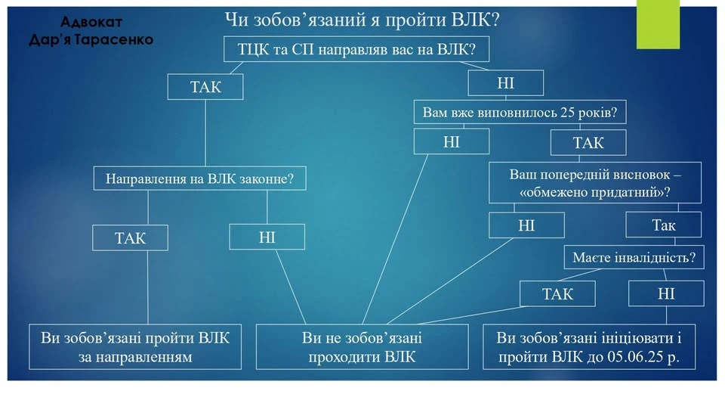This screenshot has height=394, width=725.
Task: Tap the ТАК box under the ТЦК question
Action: [206, 86]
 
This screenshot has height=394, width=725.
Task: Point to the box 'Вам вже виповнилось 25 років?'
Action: [520, 113]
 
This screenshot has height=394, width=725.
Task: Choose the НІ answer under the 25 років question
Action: [451, 141]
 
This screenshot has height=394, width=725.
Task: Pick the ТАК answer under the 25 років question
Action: [588, 141]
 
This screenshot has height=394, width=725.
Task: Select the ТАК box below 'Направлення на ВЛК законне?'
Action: [130, 238]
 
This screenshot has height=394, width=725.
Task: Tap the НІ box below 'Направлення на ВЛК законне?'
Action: [267, 237]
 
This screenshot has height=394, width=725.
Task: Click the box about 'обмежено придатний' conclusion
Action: [595, 183]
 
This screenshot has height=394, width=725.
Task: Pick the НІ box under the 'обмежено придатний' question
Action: [526, 225]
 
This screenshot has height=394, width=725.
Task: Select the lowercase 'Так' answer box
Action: [663, 225]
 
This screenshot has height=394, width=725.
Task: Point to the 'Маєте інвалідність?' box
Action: [634, 258]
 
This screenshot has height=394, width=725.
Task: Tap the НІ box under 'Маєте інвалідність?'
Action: [665, 293]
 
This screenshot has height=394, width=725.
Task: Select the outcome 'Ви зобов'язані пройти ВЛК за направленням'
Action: [135, 346]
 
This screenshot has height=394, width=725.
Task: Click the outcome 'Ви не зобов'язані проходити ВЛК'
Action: [362, 346]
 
